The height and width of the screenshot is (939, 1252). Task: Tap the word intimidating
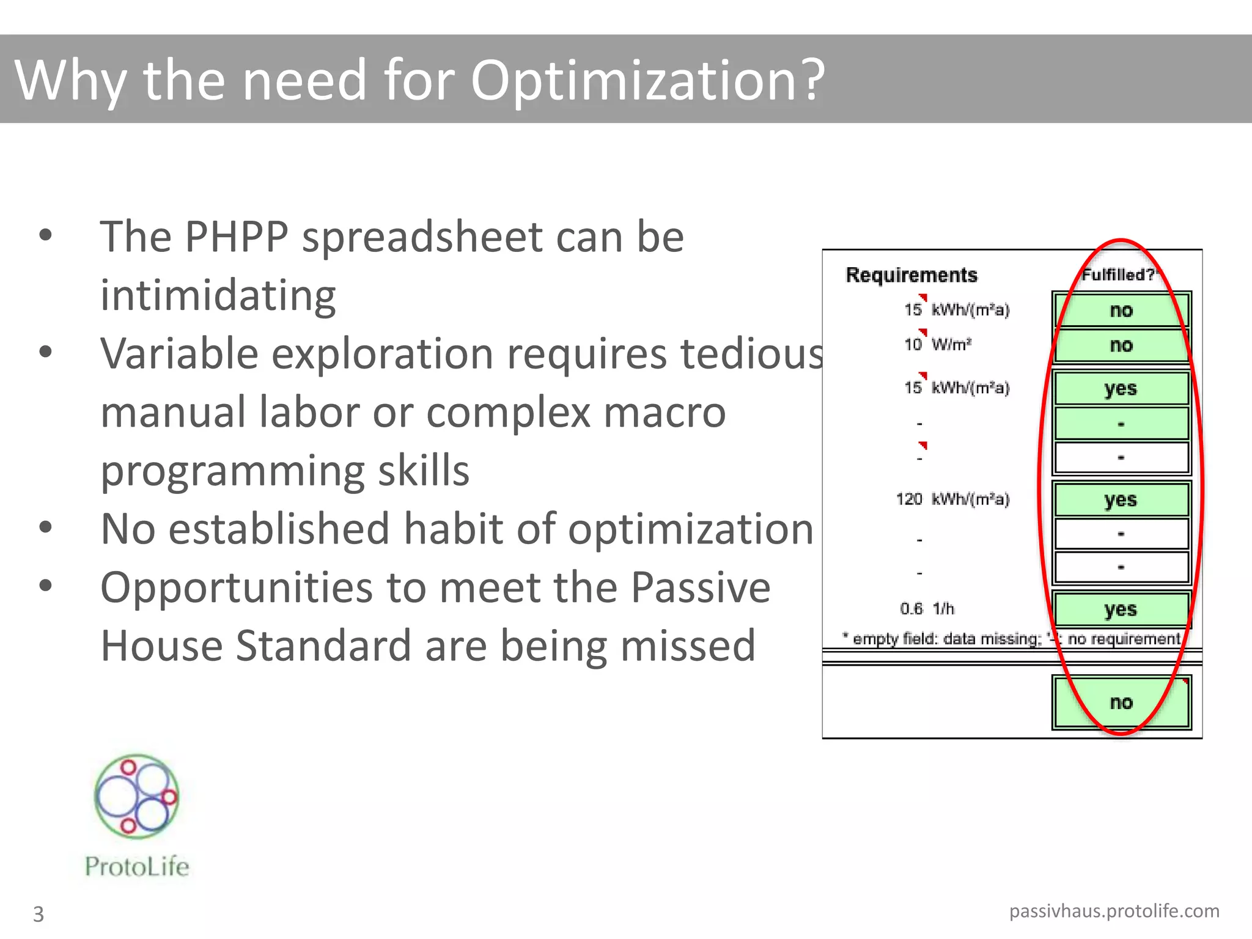tap(218, 295)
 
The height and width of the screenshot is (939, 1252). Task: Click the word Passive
tap(700, 587)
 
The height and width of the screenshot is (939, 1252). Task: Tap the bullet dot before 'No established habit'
tap(45, 527)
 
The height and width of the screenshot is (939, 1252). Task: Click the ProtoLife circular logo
tap(137, 796)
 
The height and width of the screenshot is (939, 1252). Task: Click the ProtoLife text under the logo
tap(137, 866)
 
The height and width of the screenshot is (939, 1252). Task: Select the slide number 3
tap(38, 914)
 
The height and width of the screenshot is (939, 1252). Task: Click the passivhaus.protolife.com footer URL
tap(1114, 911)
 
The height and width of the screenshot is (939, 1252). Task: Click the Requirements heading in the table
tap(911, 275)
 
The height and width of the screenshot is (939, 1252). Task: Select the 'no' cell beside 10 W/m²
tap(1121, 345)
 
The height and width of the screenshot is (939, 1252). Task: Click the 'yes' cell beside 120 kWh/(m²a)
tap(1121, 499)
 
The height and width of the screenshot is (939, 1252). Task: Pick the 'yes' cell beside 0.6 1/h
tap(1121, 609)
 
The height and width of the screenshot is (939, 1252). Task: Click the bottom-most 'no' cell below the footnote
tap(1121, 702)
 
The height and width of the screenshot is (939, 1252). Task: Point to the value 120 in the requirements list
tap(909, 499)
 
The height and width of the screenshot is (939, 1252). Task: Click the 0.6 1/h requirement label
tap(926, 609)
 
